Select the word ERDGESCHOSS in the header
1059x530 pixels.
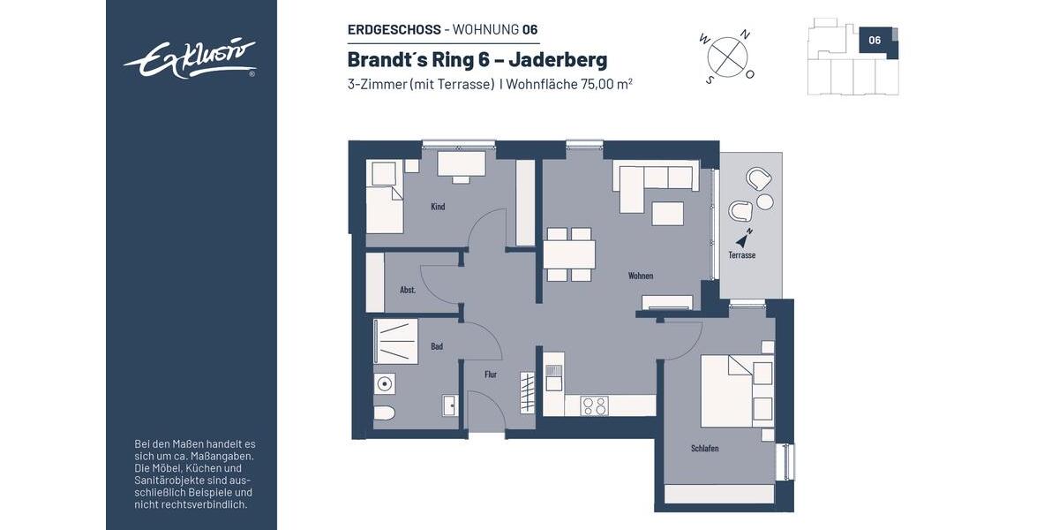(x=394, y=29)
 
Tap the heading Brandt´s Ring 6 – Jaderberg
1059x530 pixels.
(x=477, y=60)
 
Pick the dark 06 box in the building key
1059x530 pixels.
(x=875, y=41)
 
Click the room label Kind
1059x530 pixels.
(x=438, y=207)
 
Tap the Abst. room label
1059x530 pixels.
(x=408, y=290)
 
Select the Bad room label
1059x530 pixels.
(x=437, y=346)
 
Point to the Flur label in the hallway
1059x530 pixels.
(x=491, y=375)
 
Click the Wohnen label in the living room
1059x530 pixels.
(x=641, y=276)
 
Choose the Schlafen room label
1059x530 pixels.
(x=704, y=449)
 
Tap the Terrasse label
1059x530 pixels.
(x=741, y=255)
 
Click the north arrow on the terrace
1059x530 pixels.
(x=747, y=236)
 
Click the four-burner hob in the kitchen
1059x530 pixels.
(x=594, y=405)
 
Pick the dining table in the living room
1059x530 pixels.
(x=569, y=254)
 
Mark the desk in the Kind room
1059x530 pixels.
(x=462, y=163)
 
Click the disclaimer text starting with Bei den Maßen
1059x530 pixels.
(x=193, y=474)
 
